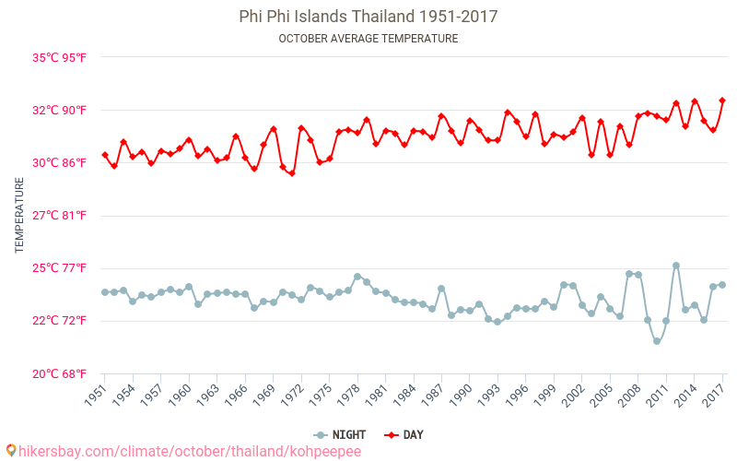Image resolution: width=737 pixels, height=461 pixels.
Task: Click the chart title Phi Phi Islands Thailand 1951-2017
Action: coord(368,17)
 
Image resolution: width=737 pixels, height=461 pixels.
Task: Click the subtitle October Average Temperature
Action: coord(368,39)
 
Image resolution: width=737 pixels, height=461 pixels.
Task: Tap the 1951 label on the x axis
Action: coord(96,395)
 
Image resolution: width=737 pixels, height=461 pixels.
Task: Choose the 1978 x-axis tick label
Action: coord(348,395)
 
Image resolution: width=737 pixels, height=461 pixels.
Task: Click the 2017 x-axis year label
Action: coord(714,395)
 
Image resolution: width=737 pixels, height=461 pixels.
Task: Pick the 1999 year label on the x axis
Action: coord(545,395)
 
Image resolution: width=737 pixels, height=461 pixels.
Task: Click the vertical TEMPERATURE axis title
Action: coord(20,216)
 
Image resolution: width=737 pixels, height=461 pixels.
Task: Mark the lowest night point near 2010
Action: coord(657,341)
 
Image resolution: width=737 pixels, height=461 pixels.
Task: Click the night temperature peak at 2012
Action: coord(676,266)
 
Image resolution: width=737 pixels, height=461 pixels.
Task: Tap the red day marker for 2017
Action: coord(722,100)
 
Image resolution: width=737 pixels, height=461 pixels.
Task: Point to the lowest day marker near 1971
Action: coord(292,173)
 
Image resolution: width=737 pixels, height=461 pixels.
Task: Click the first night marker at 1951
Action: coord(104,292)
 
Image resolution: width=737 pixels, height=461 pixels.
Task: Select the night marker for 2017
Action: coord(722,285)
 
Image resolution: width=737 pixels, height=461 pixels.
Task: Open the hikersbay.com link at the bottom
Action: coord(184,452)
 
